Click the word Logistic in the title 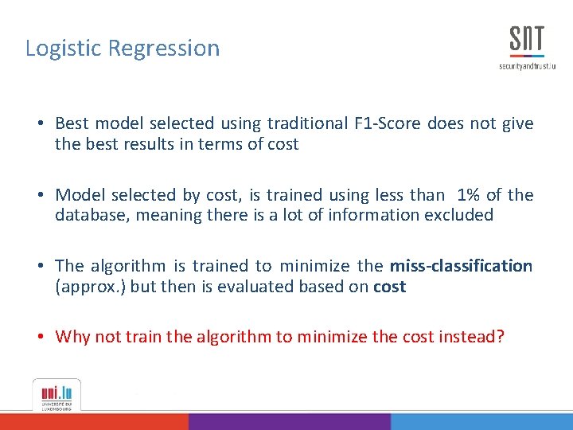(64, 49)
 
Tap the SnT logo (527, 41)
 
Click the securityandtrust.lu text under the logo (527, 66)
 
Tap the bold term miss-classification (461, 266)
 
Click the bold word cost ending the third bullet (389, 287)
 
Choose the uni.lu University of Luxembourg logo (56, 395)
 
